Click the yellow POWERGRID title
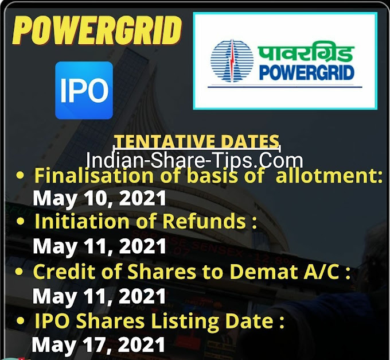pos(97,31)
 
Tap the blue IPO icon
pos(84,90)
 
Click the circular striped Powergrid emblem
pos(232,60)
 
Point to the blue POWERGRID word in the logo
pos(306,73)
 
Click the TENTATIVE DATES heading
pos(197,141)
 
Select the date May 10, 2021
pos(99,199)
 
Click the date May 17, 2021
pos(99,344)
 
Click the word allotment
pos(329,175)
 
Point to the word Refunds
pos(204,221)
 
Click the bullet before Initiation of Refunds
pos(21,222)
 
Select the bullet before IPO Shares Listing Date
pos(20,322)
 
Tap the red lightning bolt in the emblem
pos(232,60)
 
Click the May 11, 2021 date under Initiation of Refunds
pos(99,246)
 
